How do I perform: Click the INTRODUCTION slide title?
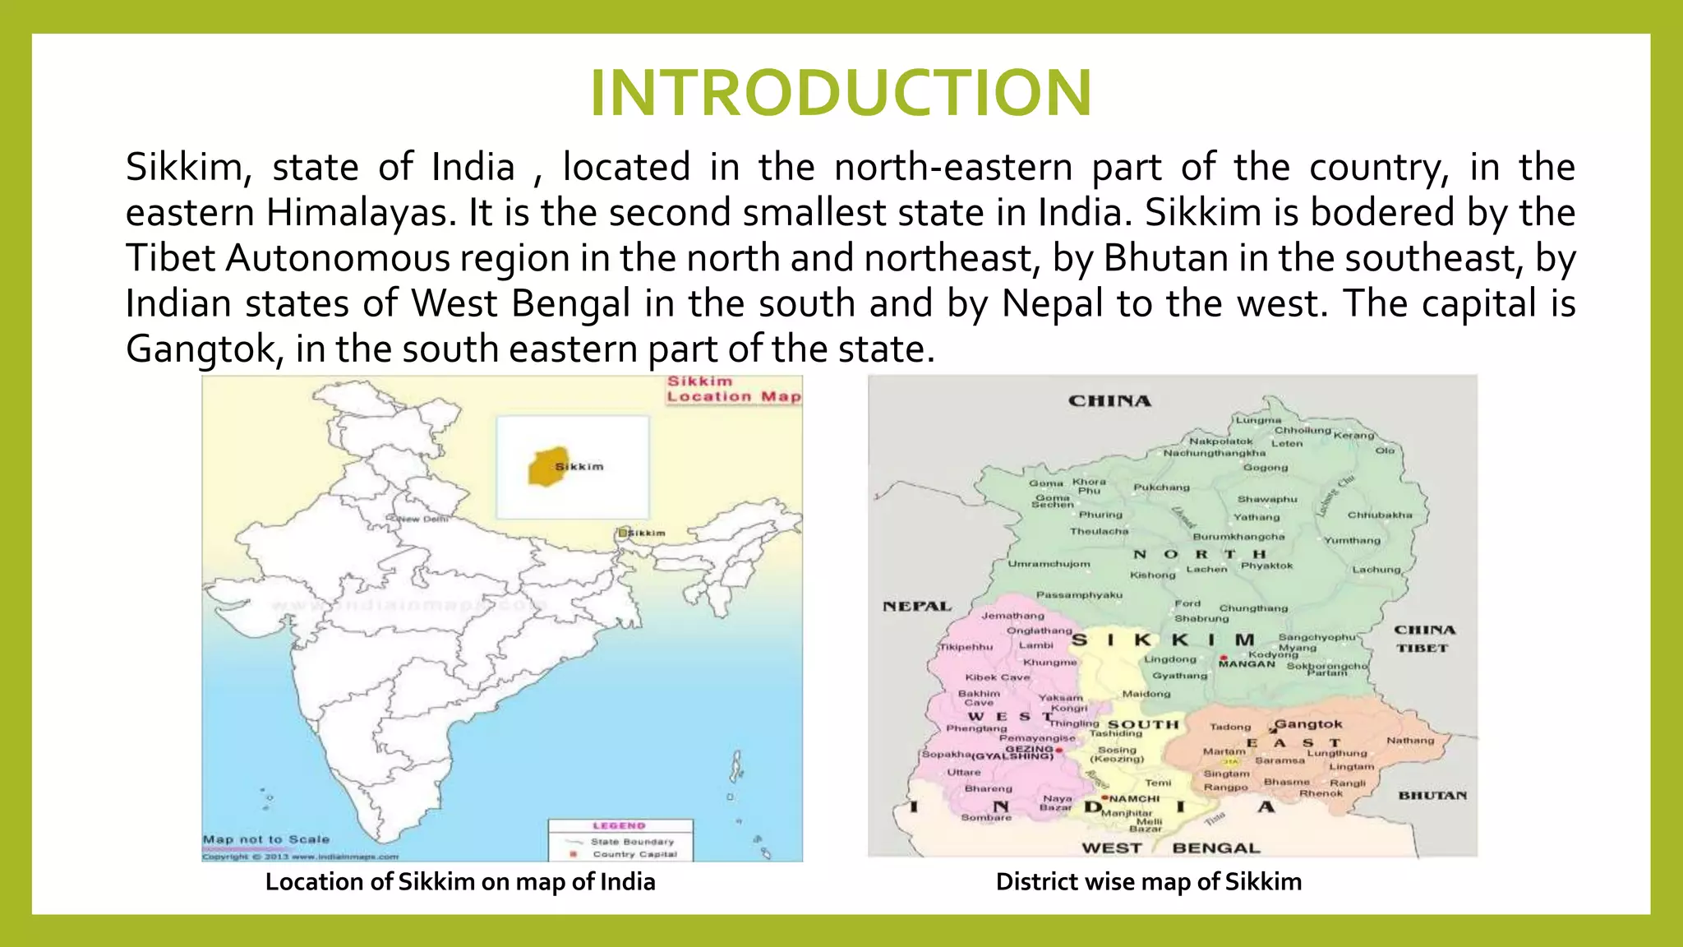coord(841,93)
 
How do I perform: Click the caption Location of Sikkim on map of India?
coord(460,882)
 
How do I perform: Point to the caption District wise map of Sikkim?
coord(1148,882)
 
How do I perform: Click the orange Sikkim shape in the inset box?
coord(547,467)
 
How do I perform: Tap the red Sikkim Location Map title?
coord(733,389)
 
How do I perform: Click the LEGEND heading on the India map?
coord(619,825)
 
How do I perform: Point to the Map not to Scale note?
coord(265,839)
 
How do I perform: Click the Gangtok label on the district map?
coord(1308,724)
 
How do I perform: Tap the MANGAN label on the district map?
coord(1246,664)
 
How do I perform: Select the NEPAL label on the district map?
coord(916,607)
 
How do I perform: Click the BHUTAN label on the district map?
coord(1432,795)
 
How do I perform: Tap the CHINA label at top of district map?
coord(1109,401)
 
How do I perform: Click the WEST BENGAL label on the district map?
coord(1170,848)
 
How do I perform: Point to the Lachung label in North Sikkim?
coord(1376,570)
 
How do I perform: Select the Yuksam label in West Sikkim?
coord(1060,698)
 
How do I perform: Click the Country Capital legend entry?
coord(634,854)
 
